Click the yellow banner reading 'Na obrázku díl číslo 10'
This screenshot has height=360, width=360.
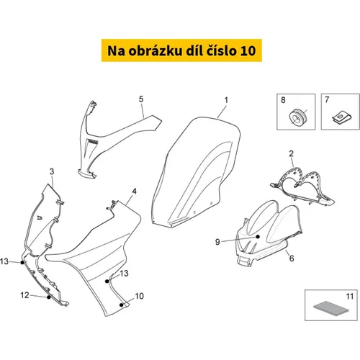click(181, 50)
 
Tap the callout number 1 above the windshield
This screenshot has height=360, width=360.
click(226, 100)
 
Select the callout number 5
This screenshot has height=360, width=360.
click(141, 99)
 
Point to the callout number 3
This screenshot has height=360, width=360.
click(52, 171)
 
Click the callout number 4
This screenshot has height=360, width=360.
click(135, 192)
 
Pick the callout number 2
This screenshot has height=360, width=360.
click(291, 153)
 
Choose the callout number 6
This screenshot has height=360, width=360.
click(292, 258)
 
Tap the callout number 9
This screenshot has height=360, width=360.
click(217, 242)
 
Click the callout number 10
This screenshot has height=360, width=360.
click(140, 296)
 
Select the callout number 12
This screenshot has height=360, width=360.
click(24, 295)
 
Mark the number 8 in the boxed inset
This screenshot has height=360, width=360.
click(283, 100)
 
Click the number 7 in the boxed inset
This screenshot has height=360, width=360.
click(327, 99)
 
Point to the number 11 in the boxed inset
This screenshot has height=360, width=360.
click(350, 297)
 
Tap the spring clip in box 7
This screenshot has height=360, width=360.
click(341, 118)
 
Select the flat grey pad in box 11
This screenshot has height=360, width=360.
click(331, 308)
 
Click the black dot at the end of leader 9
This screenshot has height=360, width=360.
click(258, 237)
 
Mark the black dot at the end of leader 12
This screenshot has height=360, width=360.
click(49, 297)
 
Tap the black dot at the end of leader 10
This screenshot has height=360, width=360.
click(122, 305)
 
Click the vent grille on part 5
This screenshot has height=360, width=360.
click(92, 143)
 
